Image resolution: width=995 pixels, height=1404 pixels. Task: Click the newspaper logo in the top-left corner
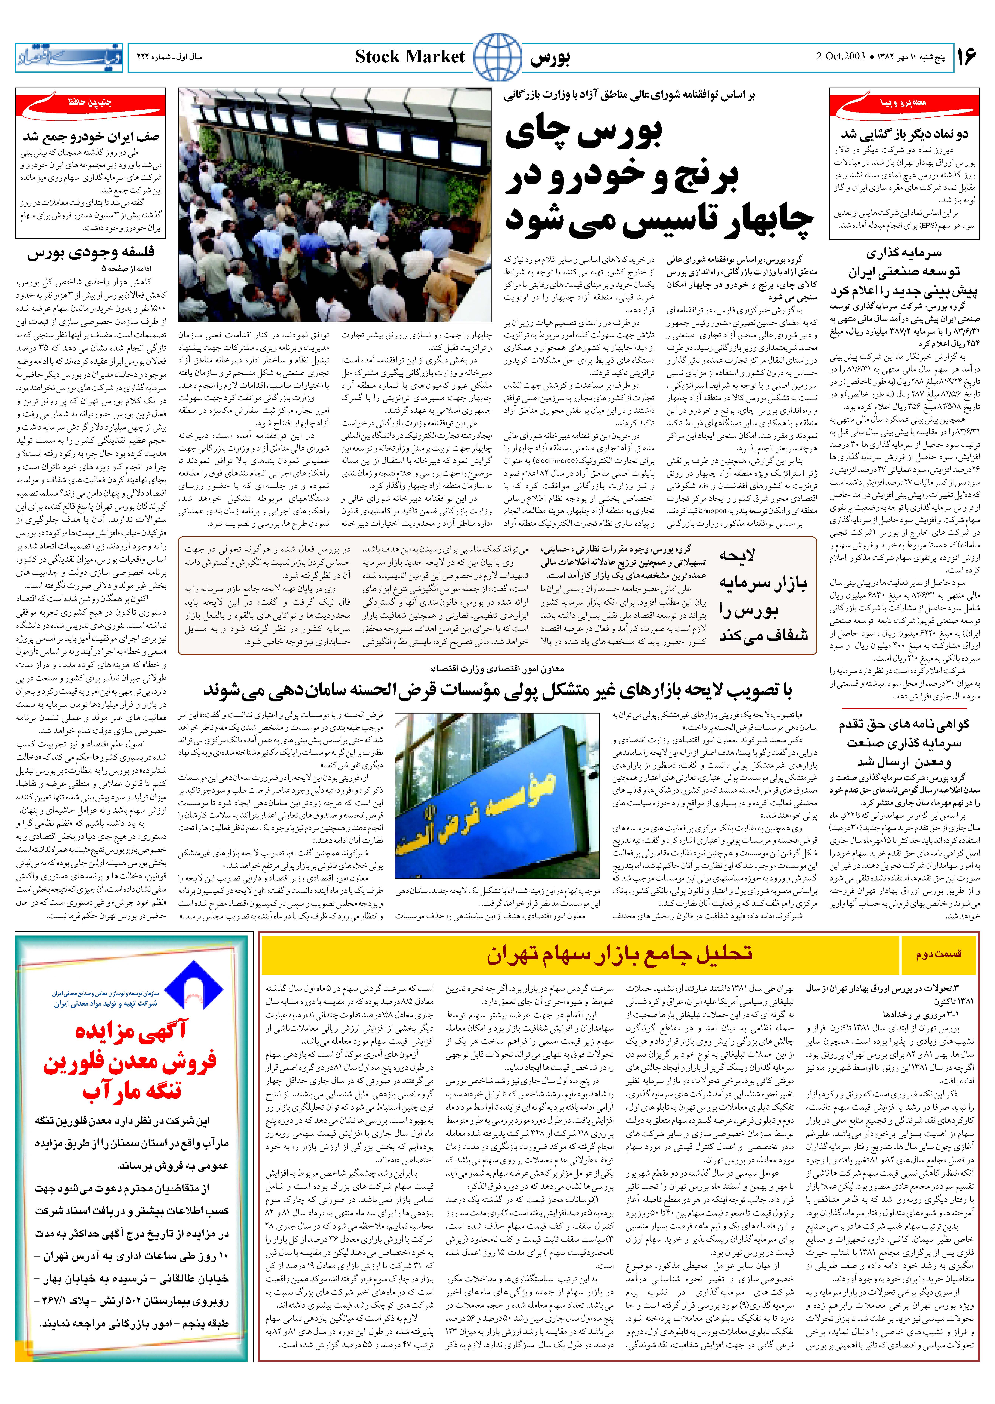69,57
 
